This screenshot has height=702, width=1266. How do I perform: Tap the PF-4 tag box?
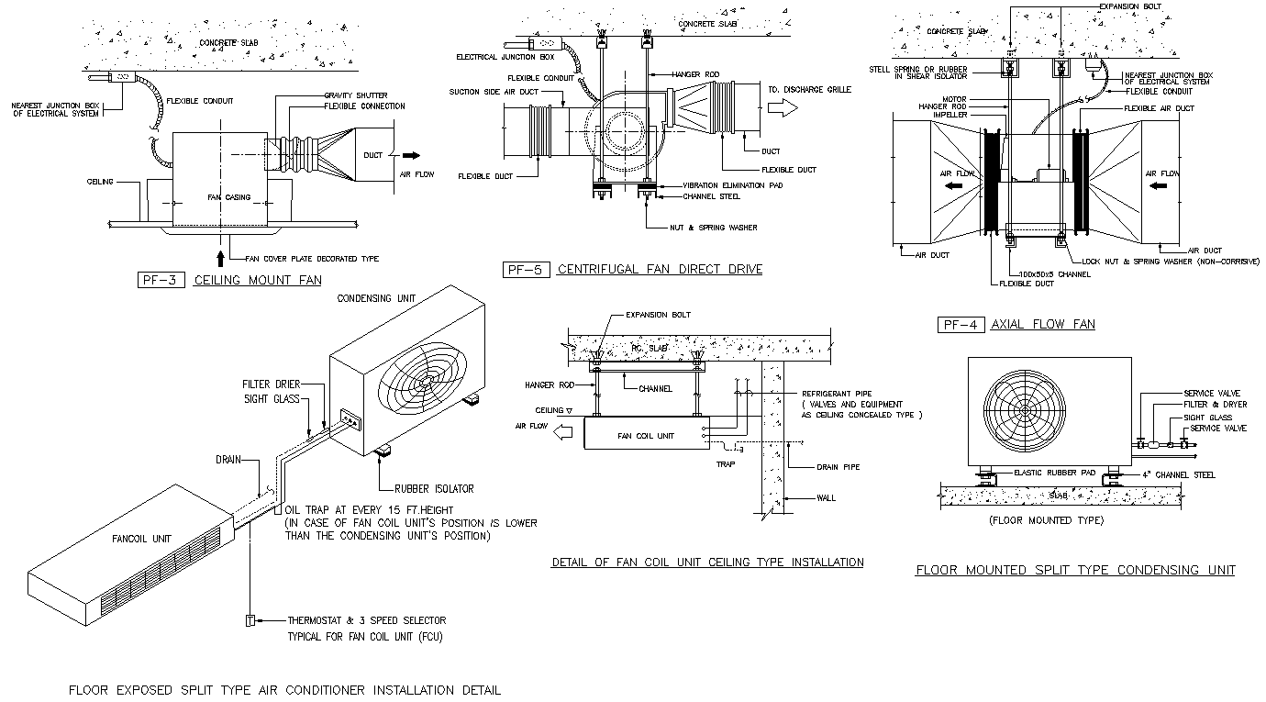(960, 324)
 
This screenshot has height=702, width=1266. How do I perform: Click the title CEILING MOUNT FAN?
(257, 281)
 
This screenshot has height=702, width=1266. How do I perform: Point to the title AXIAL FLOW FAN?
(1043, 324)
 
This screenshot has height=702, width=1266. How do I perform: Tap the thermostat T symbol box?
(249, 620)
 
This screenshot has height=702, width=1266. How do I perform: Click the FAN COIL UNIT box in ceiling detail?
(646, 435)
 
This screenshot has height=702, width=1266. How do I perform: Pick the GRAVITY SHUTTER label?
(356, 95)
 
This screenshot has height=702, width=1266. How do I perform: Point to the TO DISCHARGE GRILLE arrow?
(783, 108)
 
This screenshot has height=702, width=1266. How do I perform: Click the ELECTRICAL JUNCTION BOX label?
(505, 57)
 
